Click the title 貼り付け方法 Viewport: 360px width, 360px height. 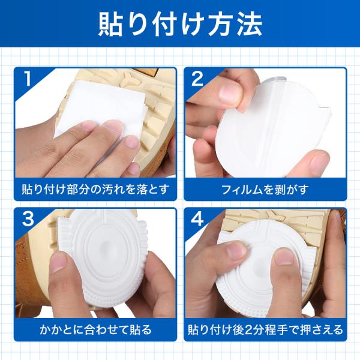coord(181,24)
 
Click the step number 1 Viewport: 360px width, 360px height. coord(28,78)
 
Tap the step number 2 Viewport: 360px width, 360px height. coord(197,78)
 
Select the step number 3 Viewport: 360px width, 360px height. coord(28,218)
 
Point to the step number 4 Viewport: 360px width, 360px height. coord(197,218)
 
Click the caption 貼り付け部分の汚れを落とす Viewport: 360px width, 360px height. coord(95,190)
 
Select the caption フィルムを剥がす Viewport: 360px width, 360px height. coord(265,190)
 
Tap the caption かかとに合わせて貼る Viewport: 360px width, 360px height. coord(95,329)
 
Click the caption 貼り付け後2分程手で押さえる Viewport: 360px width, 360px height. coord(265,329)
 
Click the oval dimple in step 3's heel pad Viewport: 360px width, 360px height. coord(106,245)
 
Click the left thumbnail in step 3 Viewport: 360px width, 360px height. coord(58,262)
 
